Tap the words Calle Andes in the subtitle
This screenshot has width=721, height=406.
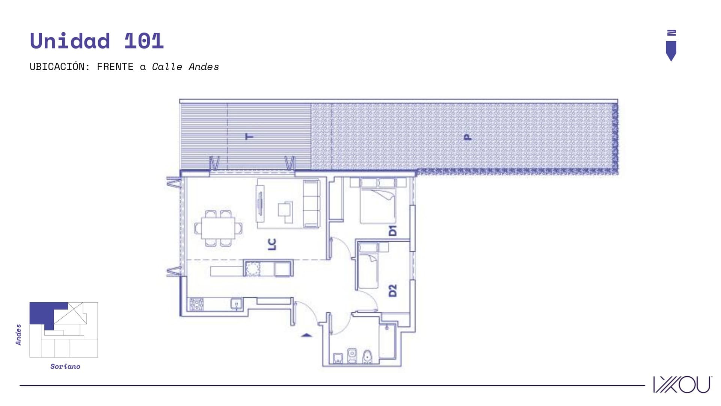(x=185, y=67)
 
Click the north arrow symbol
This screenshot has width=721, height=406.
(x=671, y=45)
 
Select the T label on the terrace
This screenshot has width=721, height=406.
(x=249, y=136)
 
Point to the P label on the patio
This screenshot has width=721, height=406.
(x=467, y=137)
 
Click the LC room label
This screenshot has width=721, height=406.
(x=272, y=244)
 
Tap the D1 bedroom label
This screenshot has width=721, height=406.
(x=392, y=230)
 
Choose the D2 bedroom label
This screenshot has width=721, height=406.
(x=392, y=291)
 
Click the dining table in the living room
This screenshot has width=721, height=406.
(x=218, y=228)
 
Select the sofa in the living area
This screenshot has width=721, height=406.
(x=311, y=203)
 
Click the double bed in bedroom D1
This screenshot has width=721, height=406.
(x=377, y=201)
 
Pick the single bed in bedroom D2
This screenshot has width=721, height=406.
(x=368, y=265)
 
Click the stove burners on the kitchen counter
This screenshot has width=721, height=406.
(x=196, y=304)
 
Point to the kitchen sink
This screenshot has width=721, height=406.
(x=236, y=304)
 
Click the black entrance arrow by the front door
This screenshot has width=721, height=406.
(x=307, y=335)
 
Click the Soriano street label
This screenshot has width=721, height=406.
(x=65, y=366)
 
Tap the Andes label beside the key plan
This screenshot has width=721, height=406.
(x=18, y=335)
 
